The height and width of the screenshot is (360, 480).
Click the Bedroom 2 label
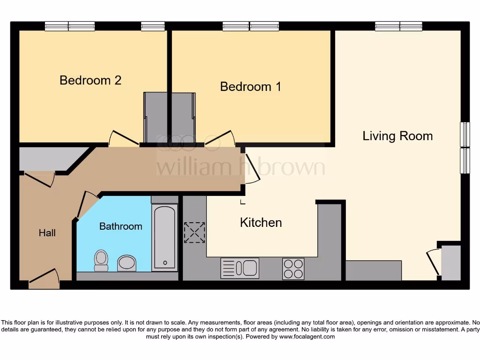click(x=90, y=80)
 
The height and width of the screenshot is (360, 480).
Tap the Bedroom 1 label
click(x=251, y=87)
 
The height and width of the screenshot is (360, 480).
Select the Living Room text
click(x=397, y=136)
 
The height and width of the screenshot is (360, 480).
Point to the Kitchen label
click(x=261, y=223)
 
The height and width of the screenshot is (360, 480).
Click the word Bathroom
click(x=120, y=226)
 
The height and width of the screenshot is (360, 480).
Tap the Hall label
click(x=47, y=233)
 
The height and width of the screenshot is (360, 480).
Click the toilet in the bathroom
click(x=101, y=261)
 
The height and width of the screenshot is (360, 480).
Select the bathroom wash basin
click(x=127, y=263)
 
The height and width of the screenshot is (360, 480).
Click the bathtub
click(x=165, y=236)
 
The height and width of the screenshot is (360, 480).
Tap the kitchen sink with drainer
click(x=240, y=268)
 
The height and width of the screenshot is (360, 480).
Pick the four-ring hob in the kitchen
click(x=293, y=269)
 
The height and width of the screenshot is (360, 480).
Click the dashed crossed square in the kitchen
click(x=195, y=232)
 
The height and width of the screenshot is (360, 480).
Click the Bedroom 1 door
click(x=219, y=137)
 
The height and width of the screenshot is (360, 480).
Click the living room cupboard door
click(x=434, y=262)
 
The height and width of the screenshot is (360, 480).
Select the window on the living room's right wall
click(x=465, y=148)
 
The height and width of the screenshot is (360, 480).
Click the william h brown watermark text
click(x=240, y=166)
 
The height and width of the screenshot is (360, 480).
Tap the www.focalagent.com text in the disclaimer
click(x=307, y=337)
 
